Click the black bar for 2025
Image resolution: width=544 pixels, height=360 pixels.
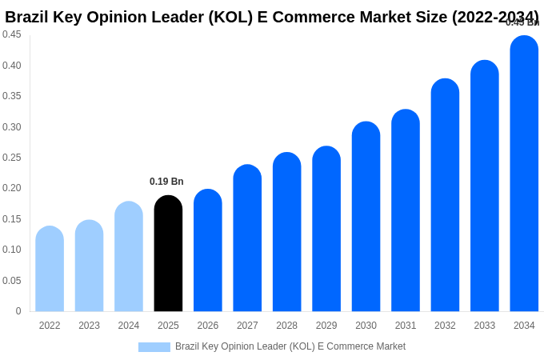click(x=168, y=254)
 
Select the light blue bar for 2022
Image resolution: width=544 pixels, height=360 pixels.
click(x=50, y=269)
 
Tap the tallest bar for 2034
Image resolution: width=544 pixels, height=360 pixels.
click(x=524, y=174)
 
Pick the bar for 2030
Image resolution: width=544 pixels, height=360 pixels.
click(x=366, y=217)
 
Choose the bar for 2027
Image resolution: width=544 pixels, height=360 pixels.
click(x=247, y=238)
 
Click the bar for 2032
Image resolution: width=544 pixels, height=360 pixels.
click(x=445, y=195)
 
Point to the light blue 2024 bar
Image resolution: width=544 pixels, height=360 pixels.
click(x=129, y=257)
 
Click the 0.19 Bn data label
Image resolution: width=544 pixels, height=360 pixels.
click(x=166, y=182)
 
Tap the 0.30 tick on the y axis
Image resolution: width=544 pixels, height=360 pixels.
click(x=12, y=127)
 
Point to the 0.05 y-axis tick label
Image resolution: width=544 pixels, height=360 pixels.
click(x=12, y=281)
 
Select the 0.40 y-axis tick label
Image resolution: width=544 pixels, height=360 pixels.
click(x=12, y=66)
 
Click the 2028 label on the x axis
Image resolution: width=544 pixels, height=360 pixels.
click(x=286, y=326)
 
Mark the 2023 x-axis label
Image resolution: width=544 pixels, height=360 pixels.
click(x=89, y=326)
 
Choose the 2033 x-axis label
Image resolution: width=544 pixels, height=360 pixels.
click(x=484, y=326)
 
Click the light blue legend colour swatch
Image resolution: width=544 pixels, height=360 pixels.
click(x=154, y=347)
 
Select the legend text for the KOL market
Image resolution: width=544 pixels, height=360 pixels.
click(x=290, y=346)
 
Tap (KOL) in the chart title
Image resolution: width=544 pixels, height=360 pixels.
click(x=231, y=17)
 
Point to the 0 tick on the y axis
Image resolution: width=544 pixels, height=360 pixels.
click(x=18, y=311)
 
